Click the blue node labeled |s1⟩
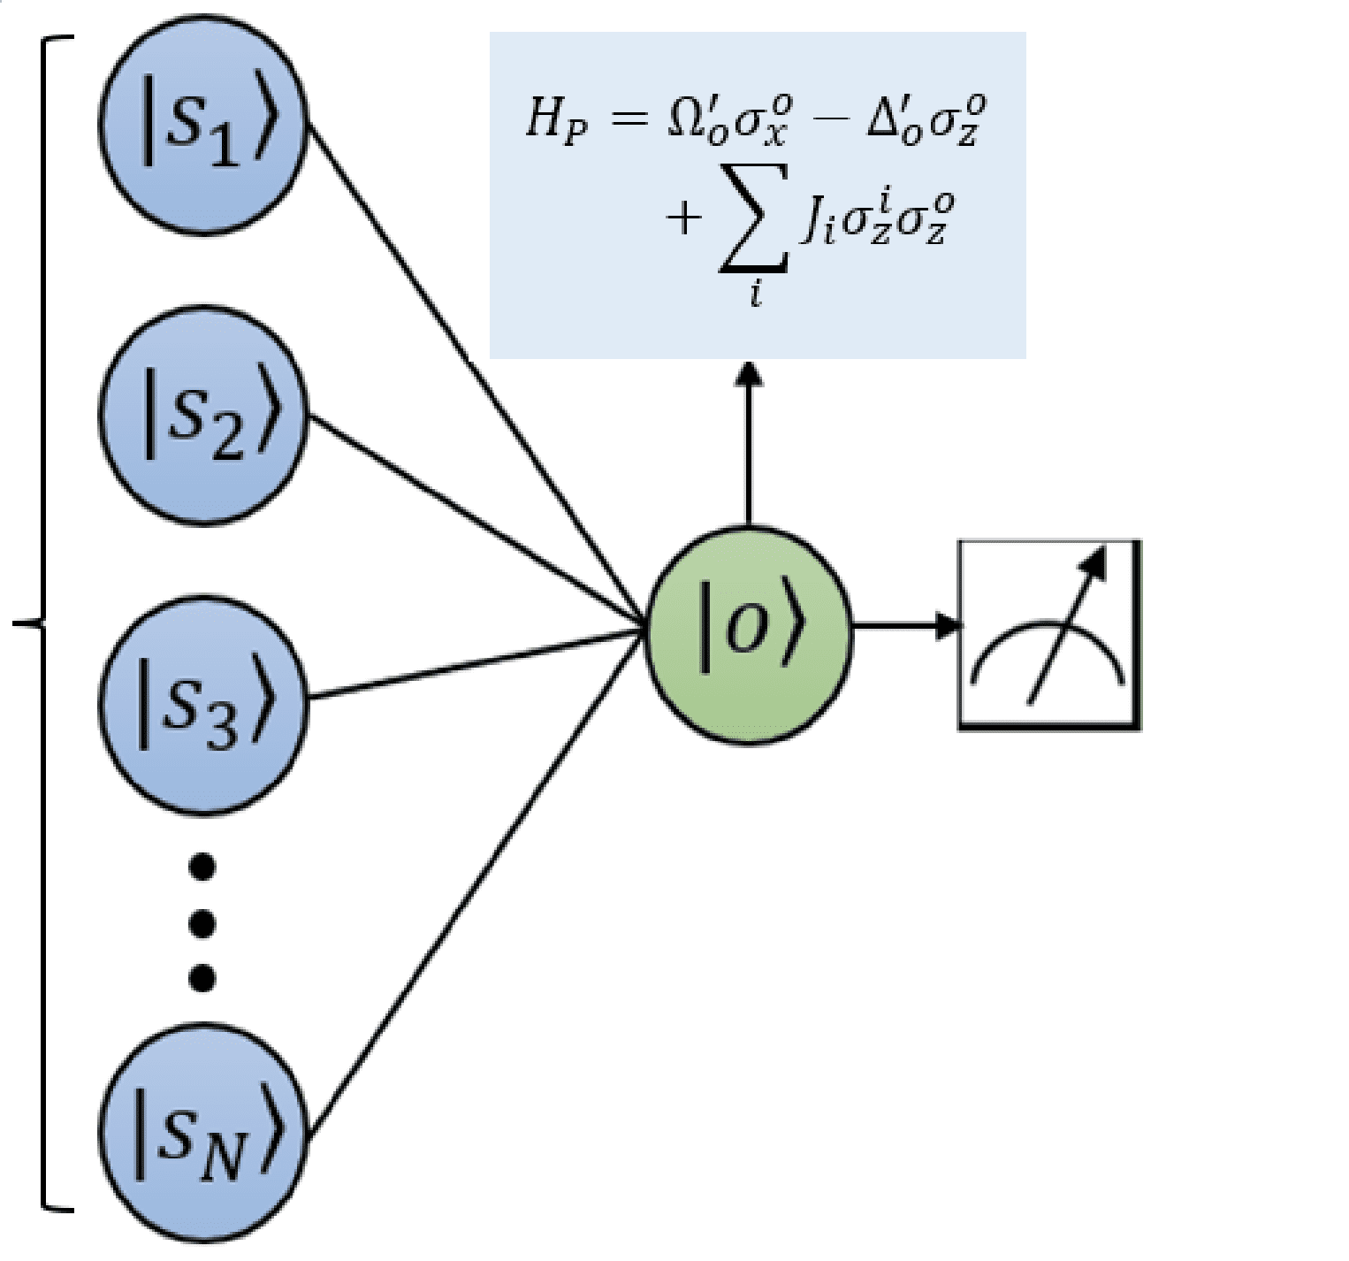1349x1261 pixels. (x=202, y=126)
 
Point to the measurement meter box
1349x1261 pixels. (x=1049, y=635)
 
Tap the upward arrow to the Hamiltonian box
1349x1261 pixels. (x=750, y=442)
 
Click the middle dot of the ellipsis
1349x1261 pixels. (x=202, y=924)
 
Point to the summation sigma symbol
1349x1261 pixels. (x=754, y=221)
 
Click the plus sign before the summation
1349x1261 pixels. (x=683, y=218)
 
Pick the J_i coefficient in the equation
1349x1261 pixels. (x=818, y=221)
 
